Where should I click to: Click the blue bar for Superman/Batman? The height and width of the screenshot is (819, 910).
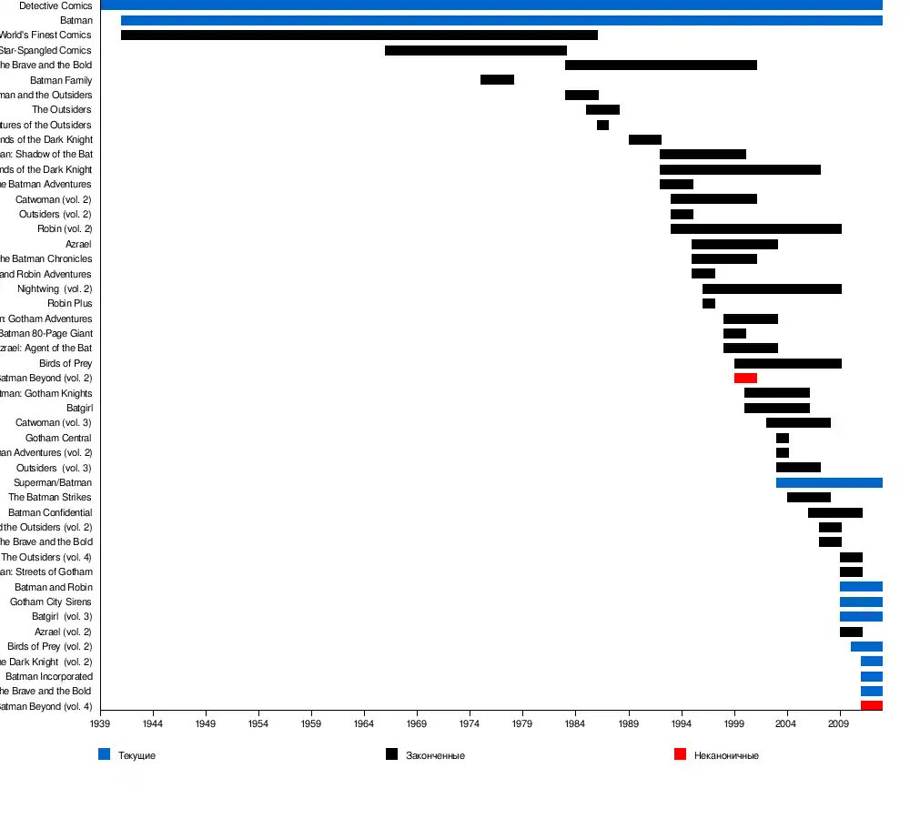pos(829,482)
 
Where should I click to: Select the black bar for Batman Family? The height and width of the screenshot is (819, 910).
pos(497,80)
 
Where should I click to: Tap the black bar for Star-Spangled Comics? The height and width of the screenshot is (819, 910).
pos(475,50)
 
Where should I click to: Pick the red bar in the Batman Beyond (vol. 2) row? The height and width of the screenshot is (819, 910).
pos(745,378)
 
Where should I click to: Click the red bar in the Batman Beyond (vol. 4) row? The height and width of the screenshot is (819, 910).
pos(871,706)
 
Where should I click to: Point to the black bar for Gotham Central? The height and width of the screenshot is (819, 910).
pos(783,438)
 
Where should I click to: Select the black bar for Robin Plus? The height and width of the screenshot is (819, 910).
pos(709,303)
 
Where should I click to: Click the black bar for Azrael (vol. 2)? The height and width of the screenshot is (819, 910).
pos(851,632)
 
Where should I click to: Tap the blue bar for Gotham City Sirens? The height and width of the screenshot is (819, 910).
pos(861,602)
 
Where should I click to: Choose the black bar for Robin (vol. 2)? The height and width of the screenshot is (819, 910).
pos(755,228)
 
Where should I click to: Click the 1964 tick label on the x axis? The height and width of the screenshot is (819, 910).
pos(365,724)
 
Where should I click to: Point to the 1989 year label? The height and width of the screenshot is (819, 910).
pos(629,724)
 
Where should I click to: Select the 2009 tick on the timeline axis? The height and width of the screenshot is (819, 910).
pos(839,724)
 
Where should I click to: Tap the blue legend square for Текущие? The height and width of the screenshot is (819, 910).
pos(105,754)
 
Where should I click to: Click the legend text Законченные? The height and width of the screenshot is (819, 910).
pos(435,756)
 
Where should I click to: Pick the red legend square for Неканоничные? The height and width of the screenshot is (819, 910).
pos(680,754)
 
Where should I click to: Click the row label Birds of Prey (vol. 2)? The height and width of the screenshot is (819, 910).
pos(50,647)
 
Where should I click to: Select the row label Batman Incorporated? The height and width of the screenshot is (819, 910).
pos(49,677)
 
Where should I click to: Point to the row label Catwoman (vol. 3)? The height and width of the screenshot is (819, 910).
pos(54,423)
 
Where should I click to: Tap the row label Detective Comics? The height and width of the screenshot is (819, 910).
pos(56,5)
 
